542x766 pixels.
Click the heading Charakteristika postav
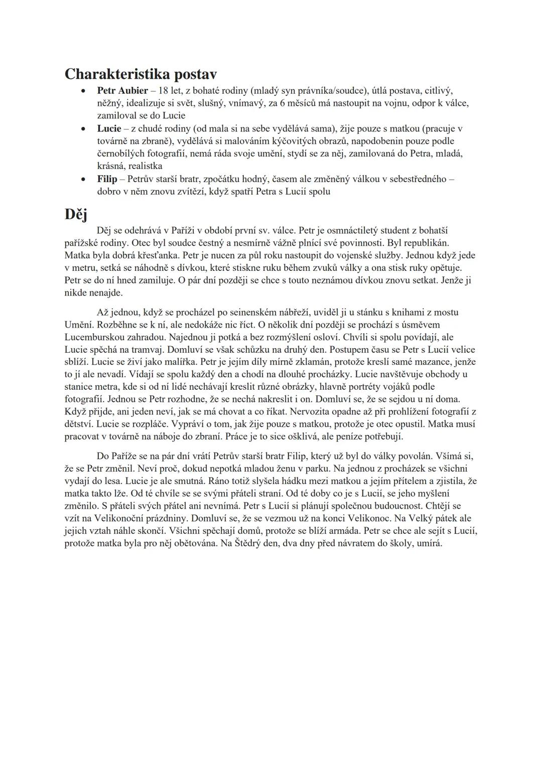pos(141,74)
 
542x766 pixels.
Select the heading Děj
pos(76,214)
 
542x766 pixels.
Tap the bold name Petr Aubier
pos(122,91)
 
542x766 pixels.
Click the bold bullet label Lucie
pos(109,128)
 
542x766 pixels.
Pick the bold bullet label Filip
pos(107,179)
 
